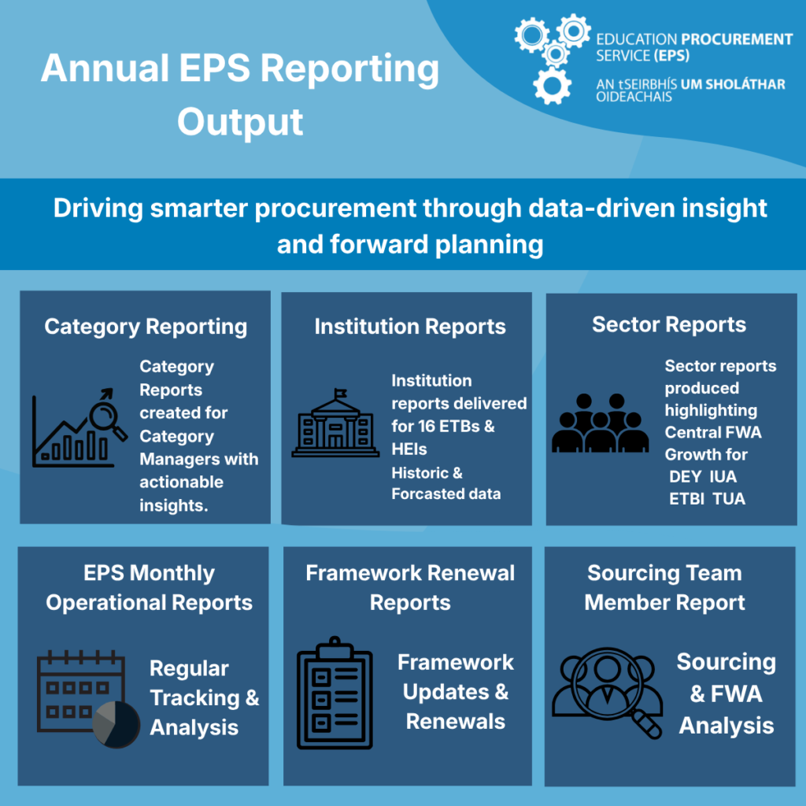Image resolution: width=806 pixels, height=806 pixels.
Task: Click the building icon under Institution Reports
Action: point(335,423)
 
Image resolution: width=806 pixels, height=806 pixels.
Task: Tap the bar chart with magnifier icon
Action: point(79,427)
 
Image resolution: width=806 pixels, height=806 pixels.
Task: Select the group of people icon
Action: point(600,423)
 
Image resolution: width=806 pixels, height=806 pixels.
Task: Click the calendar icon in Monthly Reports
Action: point(81,691)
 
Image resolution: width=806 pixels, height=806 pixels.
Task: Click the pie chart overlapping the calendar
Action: point(116,724)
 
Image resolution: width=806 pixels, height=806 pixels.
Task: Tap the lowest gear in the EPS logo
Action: point(552,86)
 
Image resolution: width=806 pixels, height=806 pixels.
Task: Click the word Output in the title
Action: point(240,122)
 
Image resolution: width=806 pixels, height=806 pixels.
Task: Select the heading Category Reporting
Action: point(146,327)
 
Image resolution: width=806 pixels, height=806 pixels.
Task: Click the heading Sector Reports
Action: point(669,324)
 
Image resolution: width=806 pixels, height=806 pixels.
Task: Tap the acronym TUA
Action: point(729,498)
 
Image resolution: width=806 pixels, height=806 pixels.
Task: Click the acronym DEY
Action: point(686,476)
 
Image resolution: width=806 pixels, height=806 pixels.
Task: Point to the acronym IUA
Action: point(723,476)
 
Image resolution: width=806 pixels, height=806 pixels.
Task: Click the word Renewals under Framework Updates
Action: point(456,721)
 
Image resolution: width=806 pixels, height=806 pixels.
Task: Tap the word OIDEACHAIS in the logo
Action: point(634,97)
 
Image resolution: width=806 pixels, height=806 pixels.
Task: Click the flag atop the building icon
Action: point(340,394)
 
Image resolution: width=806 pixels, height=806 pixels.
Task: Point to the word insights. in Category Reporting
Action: point(174,505)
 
